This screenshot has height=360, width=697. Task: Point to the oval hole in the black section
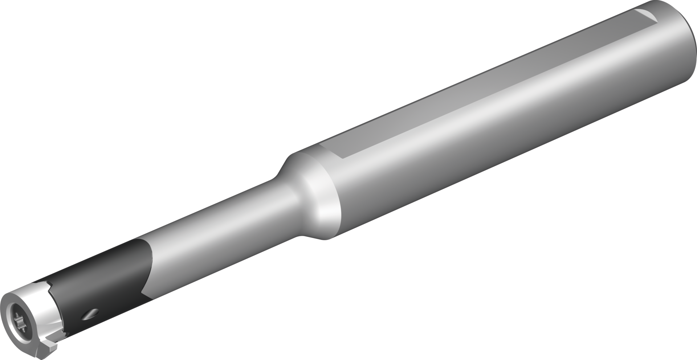coord(91,314)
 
